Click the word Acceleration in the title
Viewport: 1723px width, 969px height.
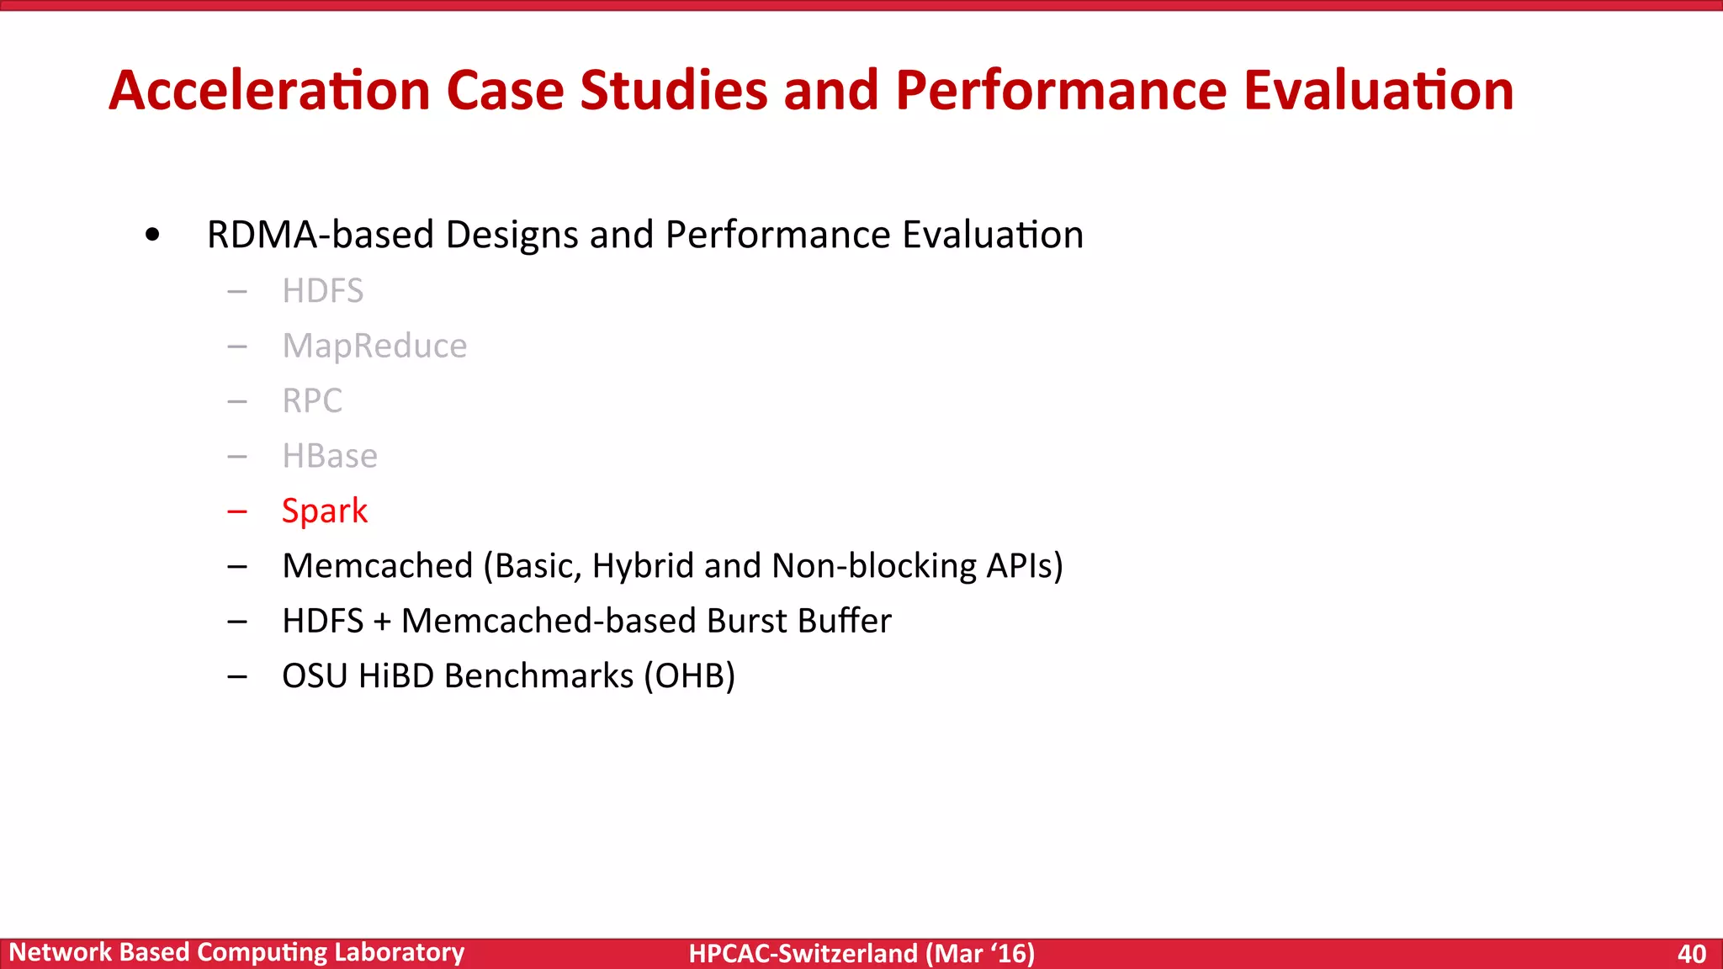269,90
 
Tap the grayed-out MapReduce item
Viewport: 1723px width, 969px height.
374,346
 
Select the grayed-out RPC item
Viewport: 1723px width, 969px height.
312,400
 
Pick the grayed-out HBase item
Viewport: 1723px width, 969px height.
330,456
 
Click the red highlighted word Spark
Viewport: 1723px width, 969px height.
325,511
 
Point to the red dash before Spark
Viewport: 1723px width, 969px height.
237,511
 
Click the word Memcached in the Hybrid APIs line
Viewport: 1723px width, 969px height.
378,566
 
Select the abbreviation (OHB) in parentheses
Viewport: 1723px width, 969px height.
689,676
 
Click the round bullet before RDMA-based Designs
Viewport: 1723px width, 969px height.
152,235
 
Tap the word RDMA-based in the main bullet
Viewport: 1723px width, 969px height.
320,235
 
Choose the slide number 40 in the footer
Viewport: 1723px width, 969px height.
1691,953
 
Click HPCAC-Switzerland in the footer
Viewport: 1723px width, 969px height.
803,953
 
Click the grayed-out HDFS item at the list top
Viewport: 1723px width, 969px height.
322,291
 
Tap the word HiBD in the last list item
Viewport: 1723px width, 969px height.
395,676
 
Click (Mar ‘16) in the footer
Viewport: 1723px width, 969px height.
980,953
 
